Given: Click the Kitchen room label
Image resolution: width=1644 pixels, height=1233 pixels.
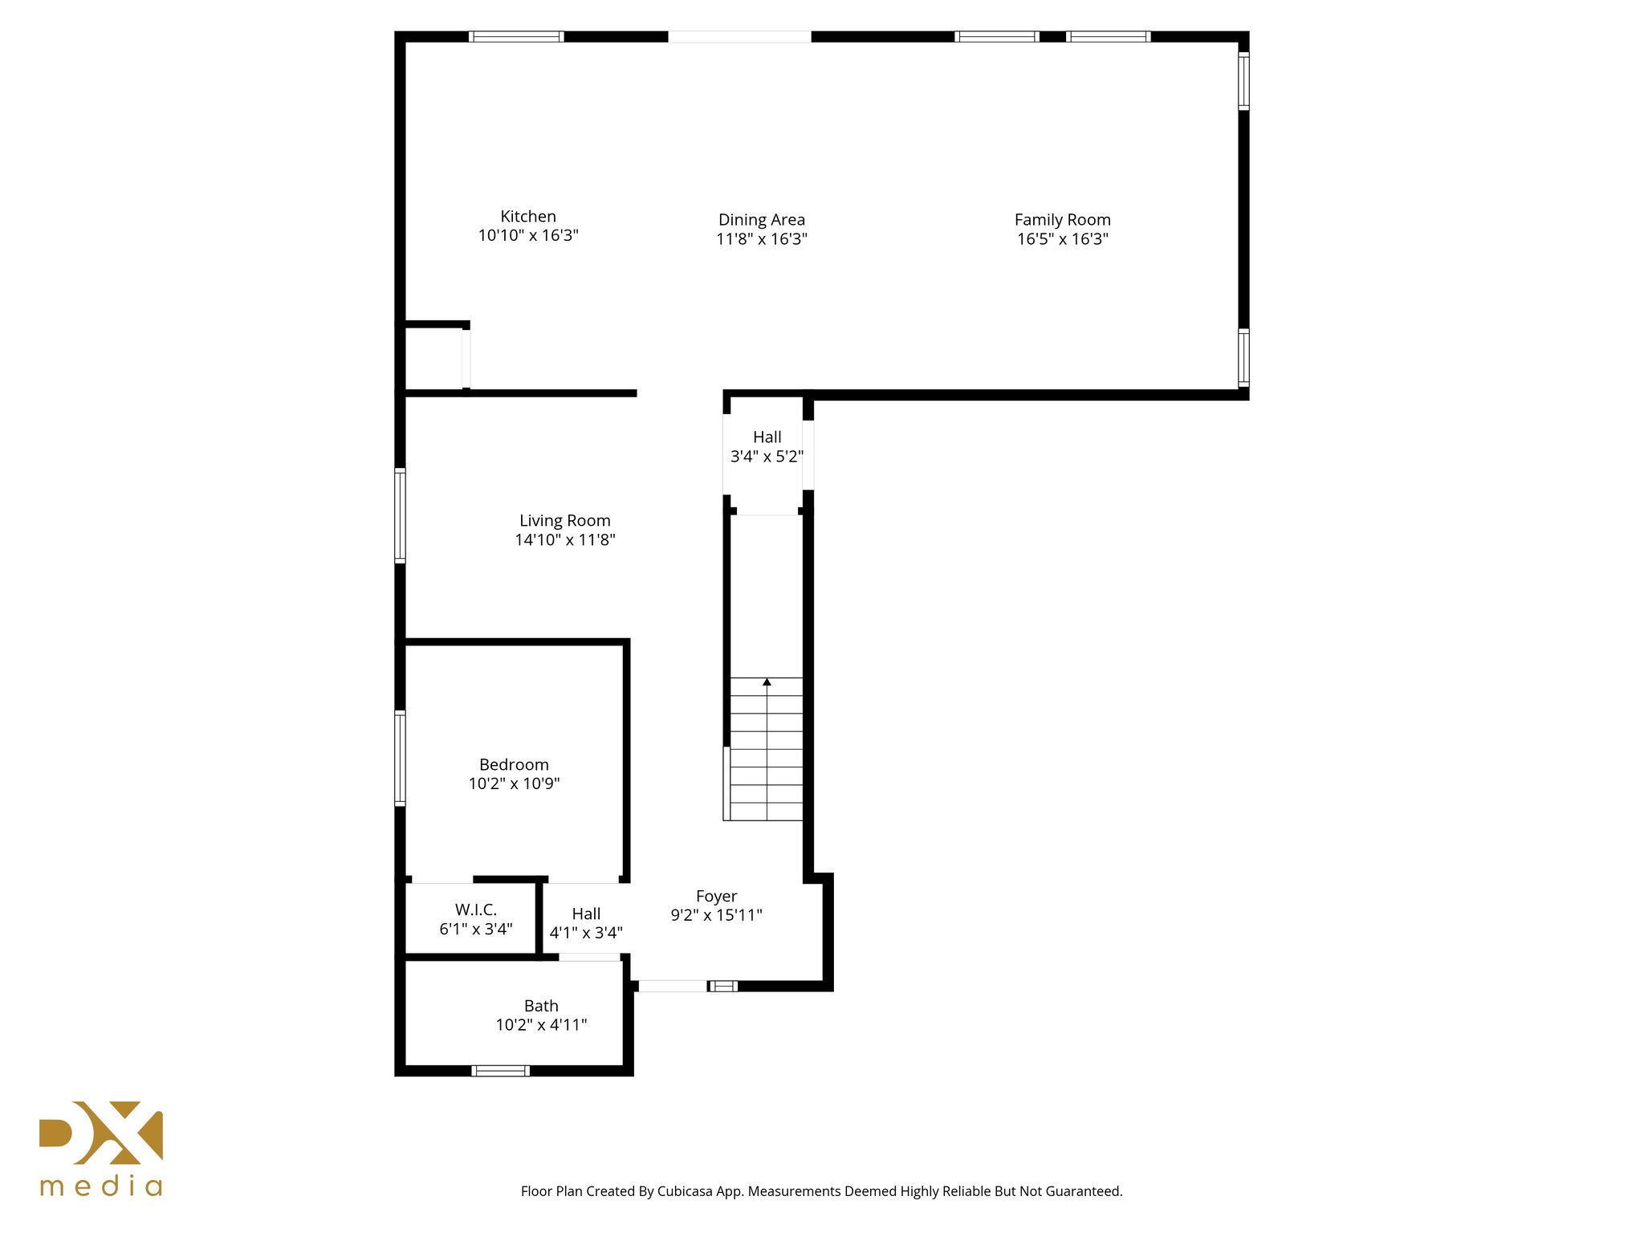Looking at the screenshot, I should (x=527, y=217).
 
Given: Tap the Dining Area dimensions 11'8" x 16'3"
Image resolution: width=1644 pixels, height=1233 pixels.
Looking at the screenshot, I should (x=761, y=239).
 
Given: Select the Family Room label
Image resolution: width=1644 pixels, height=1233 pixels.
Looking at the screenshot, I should (x=1062, y=220).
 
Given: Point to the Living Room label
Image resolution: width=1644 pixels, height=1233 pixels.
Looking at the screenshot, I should (x=564, y=521).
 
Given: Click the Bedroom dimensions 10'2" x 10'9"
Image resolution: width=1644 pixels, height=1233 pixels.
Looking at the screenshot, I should (x=514, y=784).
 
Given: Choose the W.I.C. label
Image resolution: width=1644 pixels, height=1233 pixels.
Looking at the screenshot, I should (x=475, y=909).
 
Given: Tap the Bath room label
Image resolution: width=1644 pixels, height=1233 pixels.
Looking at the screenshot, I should (x=540, y=1006).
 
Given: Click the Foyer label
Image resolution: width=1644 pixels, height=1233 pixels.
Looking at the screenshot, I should (x=716, y=896).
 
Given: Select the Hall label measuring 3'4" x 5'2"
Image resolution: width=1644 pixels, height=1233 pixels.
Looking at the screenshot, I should (x=767, y=437).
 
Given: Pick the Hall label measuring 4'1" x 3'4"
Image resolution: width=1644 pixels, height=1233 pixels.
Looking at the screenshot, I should (x=586, y=914).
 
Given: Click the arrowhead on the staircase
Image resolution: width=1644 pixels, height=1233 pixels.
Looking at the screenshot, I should (x=767, y=682).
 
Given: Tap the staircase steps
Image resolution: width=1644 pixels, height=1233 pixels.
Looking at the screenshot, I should (x=767, y=755).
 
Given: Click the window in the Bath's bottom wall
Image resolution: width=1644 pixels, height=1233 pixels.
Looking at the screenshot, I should (x=500, y=1070).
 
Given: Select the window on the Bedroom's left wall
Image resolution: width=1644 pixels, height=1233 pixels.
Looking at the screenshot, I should (x=400, y=757).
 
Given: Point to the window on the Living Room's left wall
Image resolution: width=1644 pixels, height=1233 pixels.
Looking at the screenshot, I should (x=400, y=515).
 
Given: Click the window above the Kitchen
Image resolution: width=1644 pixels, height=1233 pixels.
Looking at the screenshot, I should (x=515, y=36).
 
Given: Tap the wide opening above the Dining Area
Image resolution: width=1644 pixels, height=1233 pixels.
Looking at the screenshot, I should (x=739, y=36).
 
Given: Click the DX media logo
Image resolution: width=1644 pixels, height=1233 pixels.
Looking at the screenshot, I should (x=101, y=1148).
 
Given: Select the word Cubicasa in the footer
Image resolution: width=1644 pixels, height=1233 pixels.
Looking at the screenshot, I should (x=685, y=1191).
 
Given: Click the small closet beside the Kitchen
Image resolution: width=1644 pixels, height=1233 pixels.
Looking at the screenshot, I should (x=433, y=358).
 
